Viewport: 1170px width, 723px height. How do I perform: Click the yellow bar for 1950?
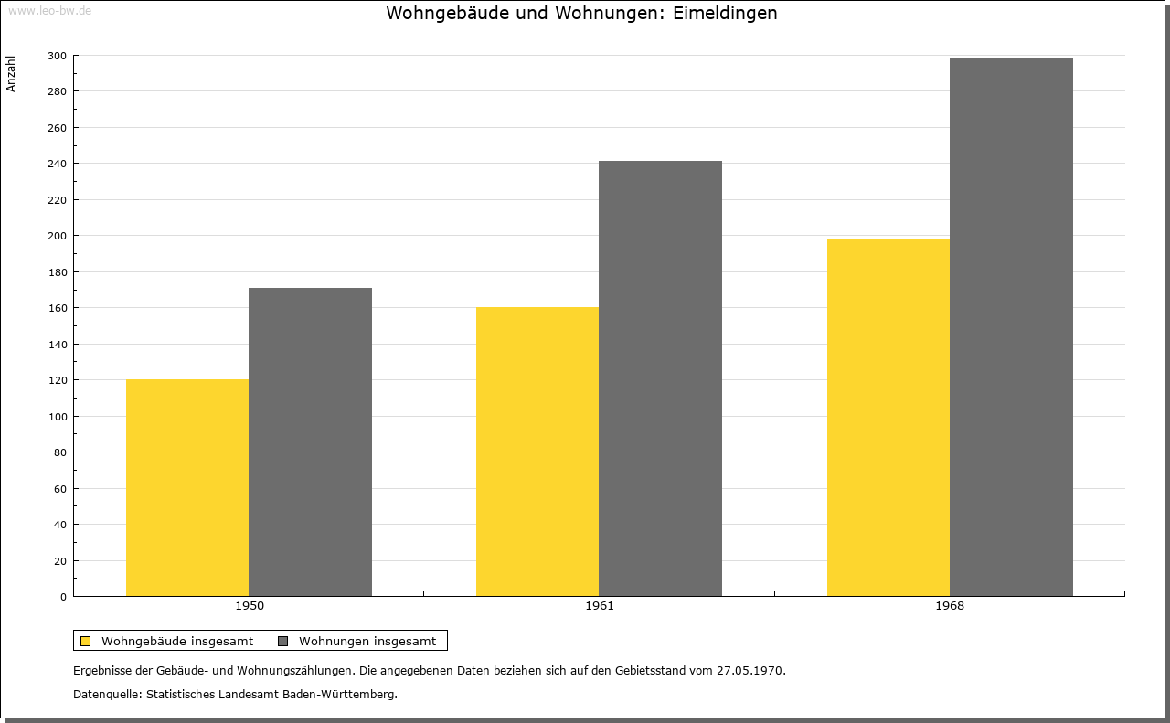(x=187, y=487)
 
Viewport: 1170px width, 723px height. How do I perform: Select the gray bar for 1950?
(x=310, y=442)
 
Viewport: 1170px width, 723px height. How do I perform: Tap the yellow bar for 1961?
(x=537, y=452)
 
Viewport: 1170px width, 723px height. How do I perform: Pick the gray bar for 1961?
(x=660, y=378)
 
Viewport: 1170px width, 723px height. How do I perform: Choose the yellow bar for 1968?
(x=888, y=418)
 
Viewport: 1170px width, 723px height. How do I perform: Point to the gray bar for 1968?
(x=1011, y=327)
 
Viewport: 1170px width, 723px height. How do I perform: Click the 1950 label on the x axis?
(x=250, y=606)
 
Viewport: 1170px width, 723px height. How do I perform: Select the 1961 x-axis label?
(x=600, y=606)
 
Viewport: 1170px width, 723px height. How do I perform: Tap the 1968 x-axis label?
(x=950, y=606)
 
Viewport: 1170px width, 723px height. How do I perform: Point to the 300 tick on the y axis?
(x=57, y=56)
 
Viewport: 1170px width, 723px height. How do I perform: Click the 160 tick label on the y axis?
(x=57, y=308)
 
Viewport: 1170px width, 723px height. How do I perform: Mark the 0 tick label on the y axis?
(x=63, y=597)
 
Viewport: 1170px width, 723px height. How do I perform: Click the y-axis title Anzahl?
(x=11, y=74)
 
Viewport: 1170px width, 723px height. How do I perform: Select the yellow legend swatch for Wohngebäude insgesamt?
(x=85, y=641)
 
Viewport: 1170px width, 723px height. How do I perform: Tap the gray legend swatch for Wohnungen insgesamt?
(x=282, y=641)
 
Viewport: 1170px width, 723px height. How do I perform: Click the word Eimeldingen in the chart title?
(x=725, y=14)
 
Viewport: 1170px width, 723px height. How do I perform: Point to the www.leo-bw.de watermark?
(x=49, y=10)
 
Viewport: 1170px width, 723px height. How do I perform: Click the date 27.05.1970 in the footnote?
(x=750, y=670)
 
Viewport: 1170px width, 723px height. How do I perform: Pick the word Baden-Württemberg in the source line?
(x=338, y=695)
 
